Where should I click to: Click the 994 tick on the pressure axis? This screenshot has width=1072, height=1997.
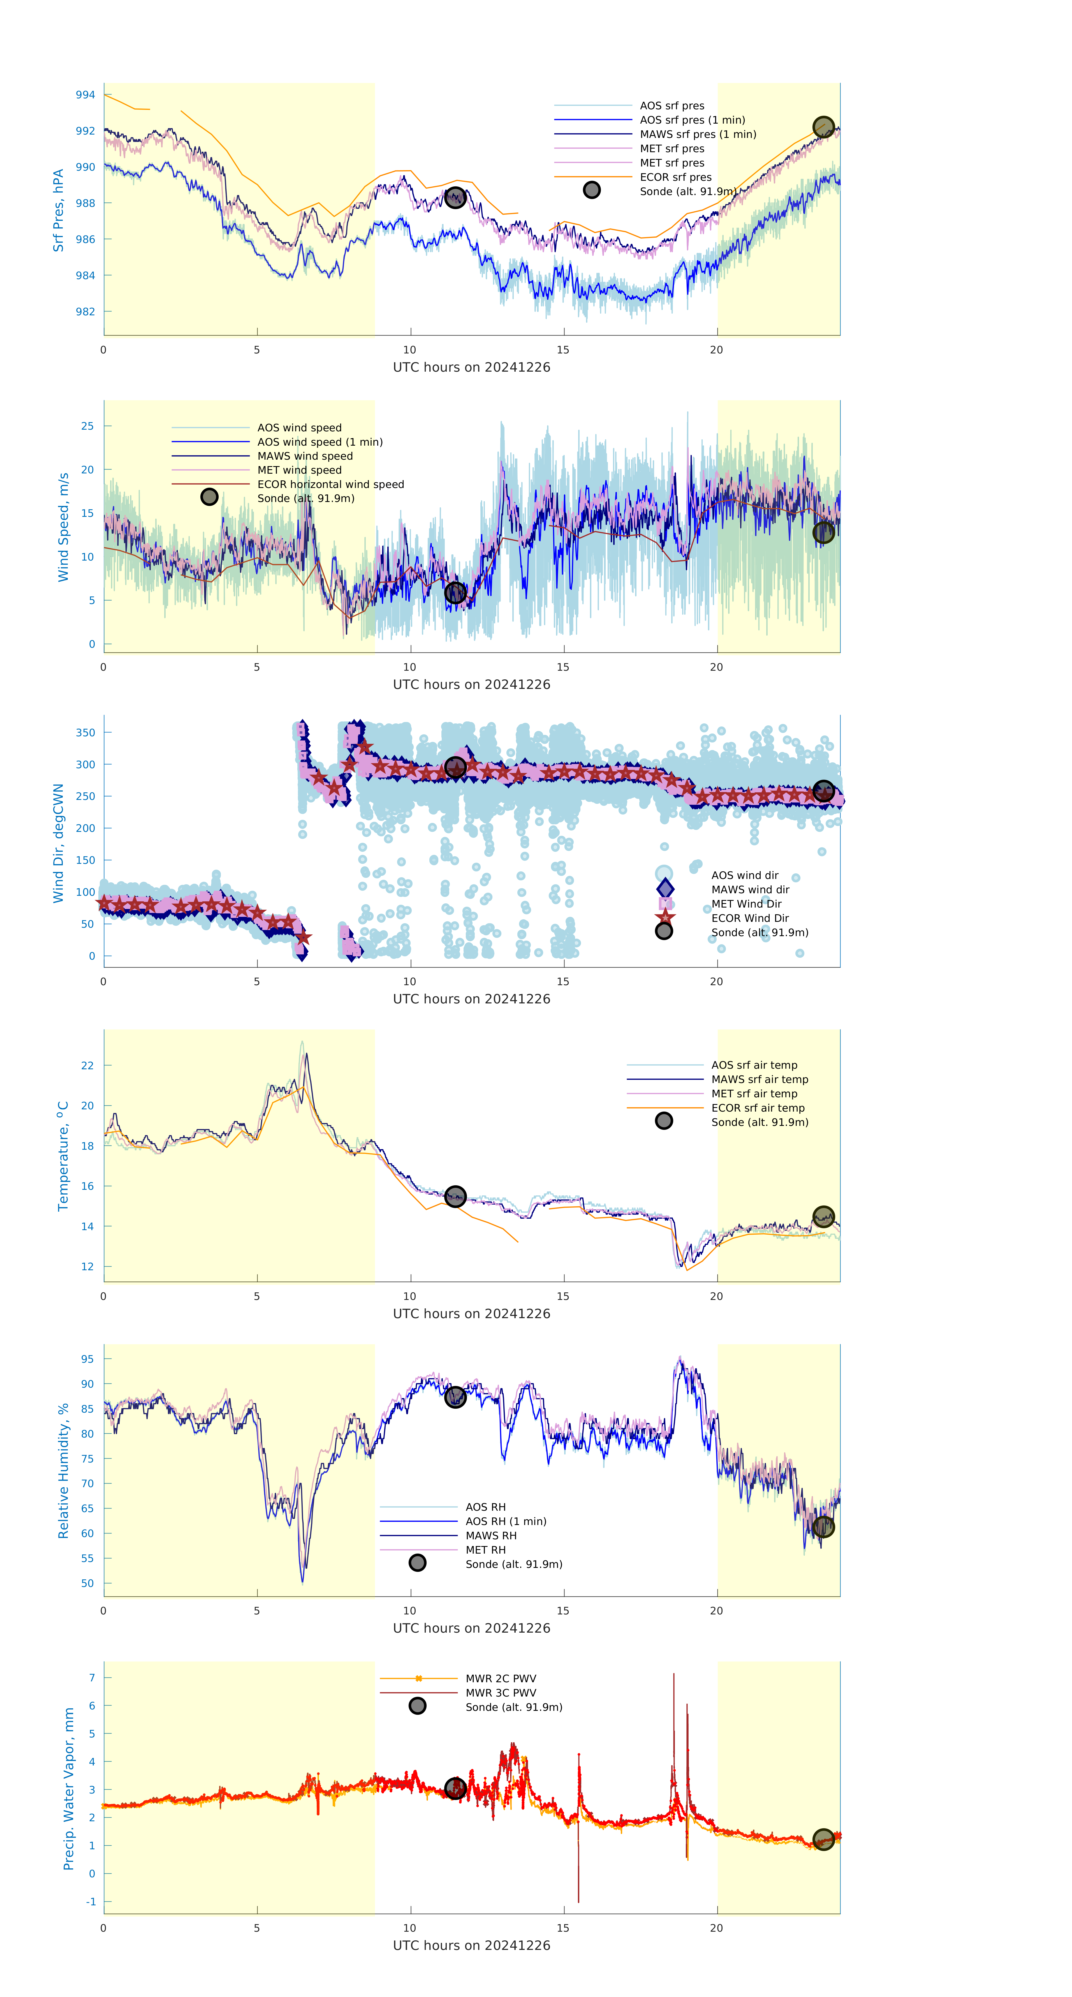pyautogui.click(x=85, y=94)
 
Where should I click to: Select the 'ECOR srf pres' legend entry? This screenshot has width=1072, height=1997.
pyautogui.click(x=675, y=177)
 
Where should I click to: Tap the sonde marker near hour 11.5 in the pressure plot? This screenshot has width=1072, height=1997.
pyautogui.click(x=455, y=197)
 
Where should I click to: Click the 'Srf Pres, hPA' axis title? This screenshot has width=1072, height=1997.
pyautogui.click(x=58, y=210)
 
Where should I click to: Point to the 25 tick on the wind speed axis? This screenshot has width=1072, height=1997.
pyautogui.click(x=88, y=425)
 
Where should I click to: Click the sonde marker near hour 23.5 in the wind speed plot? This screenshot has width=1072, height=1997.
pyautogui.click(x=823, y=532)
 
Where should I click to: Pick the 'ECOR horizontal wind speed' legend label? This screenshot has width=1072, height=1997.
pyautogui.click(x=330, y=484)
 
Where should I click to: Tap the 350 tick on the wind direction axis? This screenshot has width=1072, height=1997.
pyautogui.click(x=85, y=732)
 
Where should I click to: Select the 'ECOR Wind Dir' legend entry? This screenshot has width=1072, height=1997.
pyautogui.click(x=749, y=918)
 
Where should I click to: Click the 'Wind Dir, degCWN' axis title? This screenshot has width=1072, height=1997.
pyautogui.click(x=58, y=843)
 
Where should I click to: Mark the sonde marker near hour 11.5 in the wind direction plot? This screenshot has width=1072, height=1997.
pyautogui.click(x=455, y=767)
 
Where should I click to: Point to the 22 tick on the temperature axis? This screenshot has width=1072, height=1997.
pyautogui.click(x=88, y=1065)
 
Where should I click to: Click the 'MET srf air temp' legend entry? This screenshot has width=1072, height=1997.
pyautogui.click(x=754, y=1093)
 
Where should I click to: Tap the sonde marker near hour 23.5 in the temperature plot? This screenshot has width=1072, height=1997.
pyautogui.click(x=823, y=1216)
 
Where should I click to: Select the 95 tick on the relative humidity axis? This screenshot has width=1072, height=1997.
pyautogui.click(x=88, y=1359)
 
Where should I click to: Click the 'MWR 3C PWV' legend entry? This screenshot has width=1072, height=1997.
pyautogui.click(x=501, y=1692)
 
